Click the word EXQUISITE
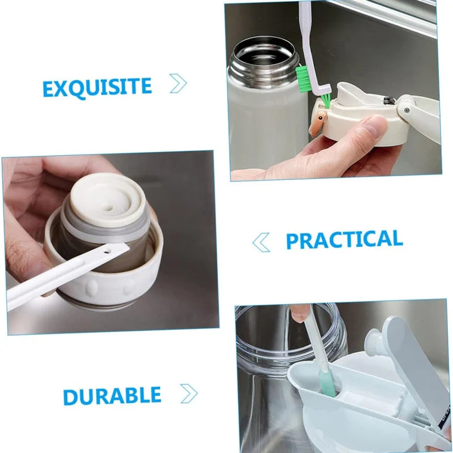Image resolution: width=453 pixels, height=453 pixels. click(97, 87)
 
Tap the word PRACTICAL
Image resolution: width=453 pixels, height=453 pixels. click(344, 240)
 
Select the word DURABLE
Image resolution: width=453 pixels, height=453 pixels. click(112, 396)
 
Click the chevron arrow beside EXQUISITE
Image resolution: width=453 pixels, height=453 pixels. click(178, 84)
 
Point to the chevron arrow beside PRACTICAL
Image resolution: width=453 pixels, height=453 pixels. click(260, 242)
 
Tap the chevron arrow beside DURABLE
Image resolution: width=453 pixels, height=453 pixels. click(189, 392)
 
